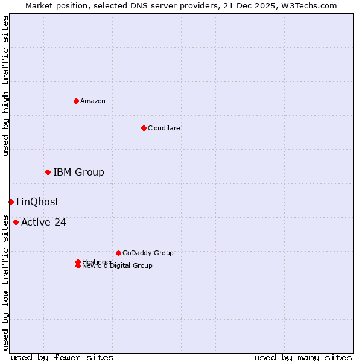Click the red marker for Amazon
coord(76,101)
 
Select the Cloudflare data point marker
coord(144,128)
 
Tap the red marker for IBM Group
coord(48,173)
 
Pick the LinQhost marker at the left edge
coord(11,202)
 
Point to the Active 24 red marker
coord(16,222)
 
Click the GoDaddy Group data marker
coord(118,253)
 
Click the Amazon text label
coord(93,101)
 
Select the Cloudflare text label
coord(164,128)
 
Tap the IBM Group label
coord(78,173)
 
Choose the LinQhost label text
coord(37,202)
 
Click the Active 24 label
coord(43,222)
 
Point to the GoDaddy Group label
coord(148,253)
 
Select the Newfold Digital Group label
coord(118,266)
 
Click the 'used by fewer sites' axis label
coord(62,357)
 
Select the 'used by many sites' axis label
coord(303,357)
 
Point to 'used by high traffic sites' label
coord(5,86)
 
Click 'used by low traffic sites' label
coord(5,282)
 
